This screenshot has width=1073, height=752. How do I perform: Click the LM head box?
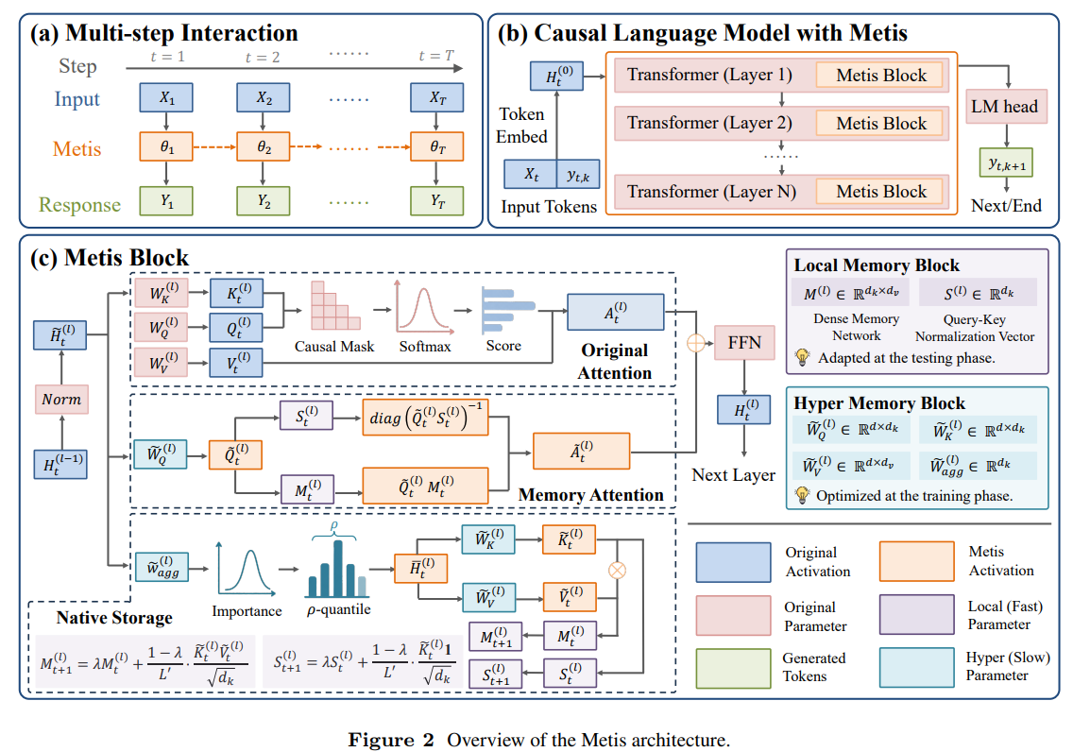point(1006,107)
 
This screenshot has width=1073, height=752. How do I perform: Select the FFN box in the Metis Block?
point(744,343)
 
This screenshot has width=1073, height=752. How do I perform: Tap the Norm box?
point(61,399)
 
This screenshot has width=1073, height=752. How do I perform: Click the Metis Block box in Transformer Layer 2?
point(880,123)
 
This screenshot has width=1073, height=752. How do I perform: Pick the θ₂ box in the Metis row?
point(264,147)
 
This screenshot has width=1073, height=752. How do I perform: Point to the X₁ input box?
point(166,98)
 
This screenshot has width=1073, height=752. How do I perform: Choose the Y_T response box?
point(437,201)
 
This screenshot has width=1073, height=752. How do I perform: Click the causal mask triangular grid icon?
point(335,306)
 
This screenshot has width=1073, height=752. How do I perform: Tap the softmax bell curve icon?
point(423,306)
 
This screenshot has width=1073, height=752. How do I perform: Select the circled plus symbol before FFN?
point(696,343)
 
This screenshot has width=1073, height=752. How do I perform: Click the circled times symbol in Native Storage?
point(617,570)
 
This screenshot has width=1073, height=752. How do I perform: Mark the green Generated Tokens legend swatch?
point(733,668)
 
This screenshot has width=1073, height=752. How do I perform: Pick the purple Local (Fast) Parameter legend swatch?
point(917,614)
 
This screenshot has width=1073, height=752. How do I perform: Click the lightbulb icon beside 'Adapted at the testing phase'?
point(801,357)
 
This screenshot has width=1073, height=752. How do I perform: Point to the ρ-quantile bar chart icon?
point(337,568)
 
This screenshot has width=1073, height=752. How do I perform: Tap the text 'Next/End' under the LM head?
point(1006,206)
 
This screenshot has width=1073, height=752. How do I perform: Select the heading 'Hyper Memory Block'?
point(879,403)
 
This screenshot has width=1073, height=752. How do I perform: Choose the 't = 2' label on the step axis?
point(263,58)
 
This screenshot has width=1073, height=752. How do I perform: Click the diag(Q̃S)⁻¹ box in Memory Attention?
point(426,418)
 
